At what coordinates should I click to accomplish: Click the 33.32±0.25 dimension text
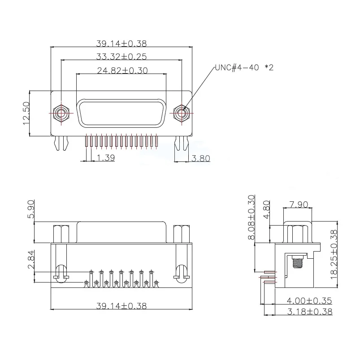point(121,57)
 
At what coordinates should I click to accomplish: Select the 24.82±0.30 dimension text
point(122,70)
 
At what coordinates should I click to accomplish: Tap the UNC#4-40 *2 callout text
point(244,67)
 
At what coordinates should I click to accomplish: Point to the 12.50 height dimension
point(26,113)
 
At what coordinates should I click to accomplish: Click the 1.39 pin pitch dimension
point(106,158)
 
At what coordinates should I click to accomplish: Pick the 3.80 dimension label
point(200,158)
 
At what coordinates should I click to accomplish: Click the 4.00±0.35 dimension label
point(310,300)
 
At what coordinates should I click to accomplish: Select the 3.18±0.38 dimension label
point(310,311)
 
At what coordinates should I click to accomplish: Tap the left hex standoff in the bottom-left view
point(60,233)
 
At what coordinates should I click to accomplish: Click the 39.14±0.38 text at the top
point(121,43)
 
